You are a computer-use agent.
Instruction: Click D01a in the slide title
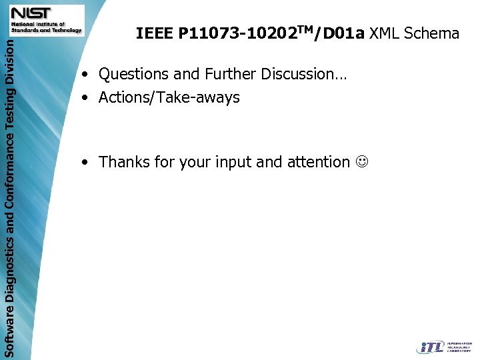click(343, 33)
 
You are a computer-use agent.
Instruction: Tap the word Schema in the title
click(431, 33)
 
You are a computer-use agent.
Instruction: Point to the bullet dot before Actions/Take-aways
click(85, 98)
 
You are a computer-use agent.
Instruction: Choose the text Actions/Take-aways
click(169, 97)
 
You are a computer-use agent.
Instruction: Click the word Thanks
click(124, 161)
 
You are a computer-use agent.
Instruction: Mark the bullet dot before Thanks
click(85, 162)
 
